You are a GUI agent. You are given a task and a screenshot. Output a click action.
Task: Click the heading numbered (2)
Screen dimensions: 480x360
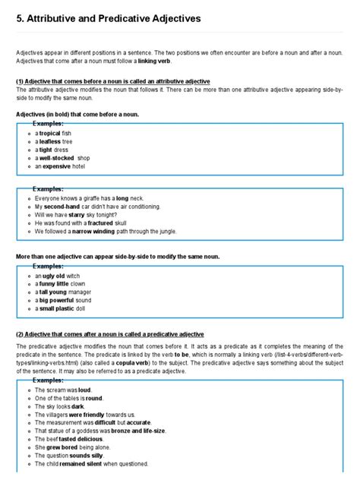(109, 334)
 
